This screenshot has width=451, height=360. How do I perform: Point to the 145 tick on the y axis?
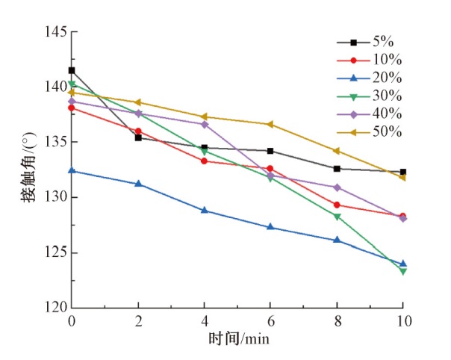pos(55,32)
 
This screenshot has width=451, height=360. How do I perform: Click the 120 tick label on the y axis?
pos(55,308)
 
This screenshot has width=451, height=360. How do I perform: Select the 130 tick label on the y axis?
pos(55,197)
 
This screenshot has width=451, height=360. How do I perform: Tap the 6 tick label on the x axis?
pos(270,320)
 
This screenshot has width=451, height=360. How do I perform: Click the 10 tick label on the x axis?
pos(403,320)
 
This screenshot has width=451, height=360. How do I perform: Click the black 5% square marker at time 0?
pos(72,70)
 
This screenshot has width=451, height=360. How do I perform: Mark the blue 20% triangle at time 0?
pos(72,170)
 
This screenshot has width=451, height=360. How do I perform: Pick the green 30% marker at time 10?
pos(403,271)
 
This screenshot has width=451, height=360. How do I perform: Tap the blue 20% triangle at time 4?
pos(204,210)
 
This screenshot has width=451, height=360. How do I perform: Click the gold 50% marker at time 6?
pos(270,124)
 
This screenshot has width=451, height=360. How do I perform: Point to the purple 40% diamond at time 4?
pos(204,124)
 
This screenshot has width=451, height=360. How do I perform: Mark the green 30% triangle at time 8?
pos(337,217)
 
